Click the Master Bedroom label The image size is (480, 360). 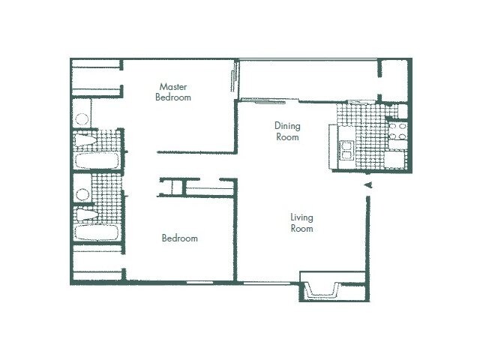[x=173, y=91]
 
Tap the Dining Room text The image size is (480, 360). [x=286, y=131]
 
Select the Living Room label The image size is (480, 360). [x=301, y=223]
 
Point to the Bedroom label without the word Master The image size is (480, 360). [x=180, y=238]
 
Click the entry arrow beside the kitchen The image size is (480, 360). [x=367, y=184]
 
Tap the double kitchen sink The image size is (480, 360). [x=347, y=150]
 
